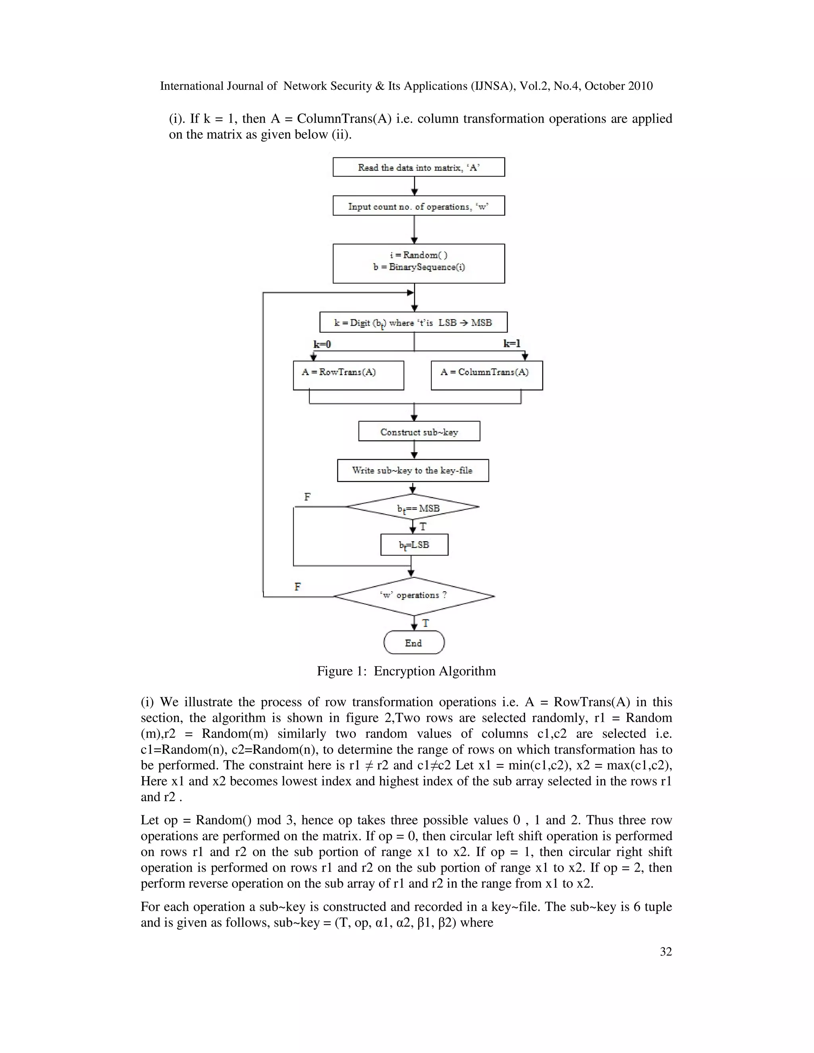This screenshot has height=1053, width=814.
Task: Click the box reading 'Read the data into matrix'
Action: tap(419, 167)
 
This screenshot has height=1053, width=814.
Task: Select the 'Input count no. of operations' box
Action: tap(419, 206)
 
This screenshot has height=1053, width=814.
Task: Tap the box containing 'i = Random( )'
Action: tap(419, 263)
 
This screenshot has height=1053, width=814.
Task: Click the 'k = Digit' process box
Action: tap(413, 322)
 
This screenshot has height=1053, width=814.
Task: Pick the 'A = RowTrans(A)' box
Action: tap(348, 375)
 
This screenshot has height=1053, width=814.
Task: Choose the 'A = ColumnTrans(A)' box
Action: tap(486, 375)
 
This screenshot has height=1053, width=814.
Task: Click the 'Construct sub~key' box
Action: tap(419, 432)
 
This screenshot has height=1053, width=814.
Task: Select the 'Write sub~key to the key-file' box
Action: tap(413, 470)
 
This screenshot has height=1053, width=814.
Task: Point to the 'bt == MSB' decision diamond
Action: tap(413, 507)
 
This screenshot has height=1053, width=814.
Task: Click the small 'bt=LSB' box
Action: tap(414, 545)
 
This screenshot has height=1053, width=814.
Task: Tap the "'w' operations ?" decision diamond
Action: tap(414, 596)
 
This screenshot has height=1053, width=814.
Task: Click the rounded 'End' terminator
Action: tap(414, 643)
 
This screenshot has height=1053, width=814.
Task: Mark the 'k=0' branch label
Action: tap(322, 344)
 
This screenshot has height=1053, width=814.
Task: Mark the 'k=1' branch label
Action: tap(512, 344)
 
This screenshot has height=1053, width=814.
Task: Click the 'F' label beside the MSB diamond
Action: tap(308, 497)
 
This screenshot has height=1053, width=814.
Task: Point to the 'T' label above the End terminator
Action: tap(425, 623)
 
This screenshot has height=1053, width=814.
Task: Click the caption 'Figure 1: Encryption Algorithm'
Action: tap(406, 671)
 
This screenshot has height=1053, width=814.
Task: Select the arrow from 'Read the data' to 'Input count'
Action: tap(414, 186)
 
